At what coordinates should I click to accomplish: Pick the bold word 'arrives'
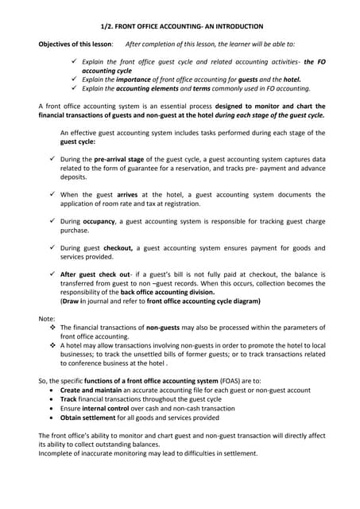coord(127,194)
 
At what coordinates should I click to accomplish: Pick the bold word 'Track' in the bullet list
coord(70,400)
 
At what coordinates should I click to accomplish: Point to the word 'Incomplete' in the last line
coord(57,453)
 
